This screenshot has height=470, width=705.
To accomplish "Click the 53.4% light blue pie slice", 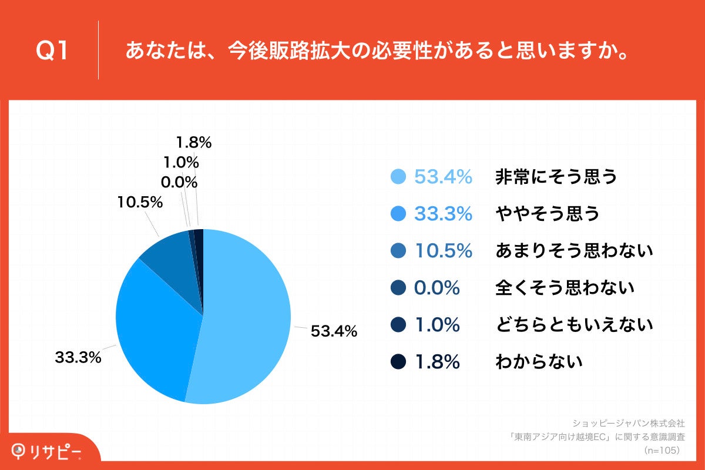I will [247, 317].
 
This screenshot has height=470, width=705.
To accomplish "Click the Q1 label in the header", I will [52, 52].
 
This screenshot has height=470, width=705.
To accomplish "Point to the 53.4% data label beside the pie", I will [334, 331].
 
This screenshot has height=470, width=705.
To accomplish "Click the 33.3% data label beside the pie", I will [78, 357].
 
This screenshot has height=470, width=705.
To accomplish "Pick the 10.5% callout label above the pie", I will [139, 203].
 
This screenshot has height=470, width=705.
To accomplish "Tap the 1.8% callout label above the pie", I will [193, 142].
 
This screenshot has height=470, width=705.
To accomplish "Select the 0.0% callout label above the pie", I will [179, 183].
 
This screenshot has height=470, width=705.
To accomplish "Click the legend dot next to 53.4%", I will [398, 176].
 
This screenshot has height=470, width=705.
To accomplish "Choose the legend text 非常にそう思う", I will [556, 176].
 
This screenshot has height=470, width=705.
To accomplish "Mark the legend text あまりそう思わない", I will [574, 251].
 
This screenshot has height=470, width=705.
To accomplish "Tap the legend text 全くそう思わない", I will [565, 288].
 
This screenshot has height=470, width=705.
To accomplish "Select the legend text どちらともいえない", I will [574, 324].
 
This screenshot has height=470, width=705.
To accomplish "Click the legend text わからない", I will [539, 361].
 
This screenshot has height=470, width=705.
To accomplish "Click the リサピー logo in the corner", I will [47, 451].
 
